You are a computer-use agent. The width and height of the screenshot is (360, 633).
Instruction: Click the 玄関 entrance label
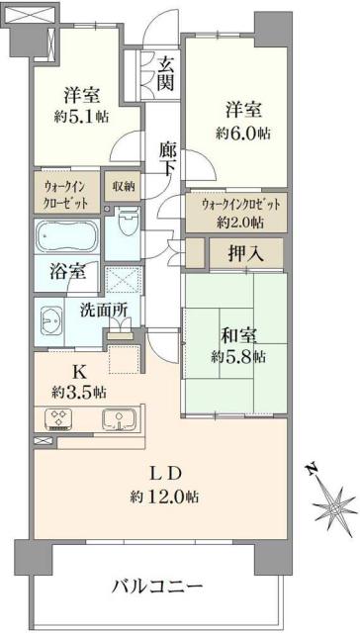pyautogui.click(x=165, y=72)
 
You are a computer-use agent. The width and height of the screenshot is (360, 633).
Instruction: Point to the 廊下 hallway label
pyautogui.click(x=168, y=160)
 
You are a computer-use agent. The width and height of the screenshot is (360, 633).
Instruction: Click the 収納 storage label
pyautogui.click(x=124, y=185)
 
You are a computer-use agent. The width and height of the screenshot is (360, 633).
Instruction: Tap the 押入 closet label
pyautogui.click(x=245, y=253)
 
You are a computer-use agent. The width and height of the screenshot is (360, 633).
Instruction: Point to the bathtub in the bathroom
pyautogui.click(x=68, y=237)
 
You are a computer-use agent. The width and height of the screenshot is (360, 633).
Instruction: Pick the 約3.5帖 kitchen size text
pyautogui.click(x=78, y=392)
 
